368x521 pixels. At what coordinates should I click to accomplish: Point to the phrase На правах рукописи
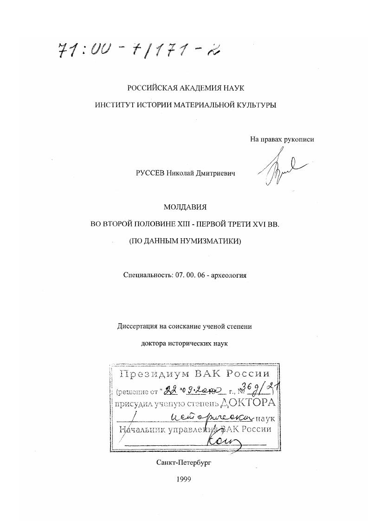(x=285, y=139)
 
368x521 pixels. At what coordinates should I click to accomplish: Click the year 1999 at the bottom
(x=184, y=481)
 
